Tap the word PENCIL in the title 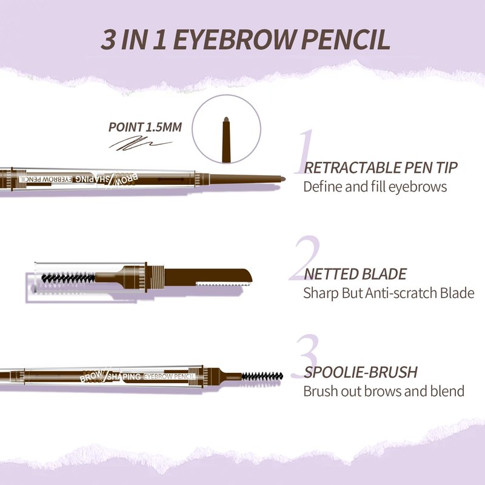346,40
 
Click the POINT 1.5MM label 145,127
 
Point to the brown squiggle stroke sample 141,144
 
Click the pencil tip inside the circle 226,139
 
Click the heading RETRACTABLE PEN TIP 381,168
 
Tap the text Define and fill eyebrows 375,187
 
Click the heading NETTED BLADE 355,274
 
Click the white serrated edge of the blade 223,283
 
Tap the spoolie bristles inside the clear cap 68,278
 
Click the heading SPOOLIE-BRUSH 361,372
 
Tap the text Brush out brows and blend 384,391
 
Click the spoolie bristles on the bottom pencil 262,376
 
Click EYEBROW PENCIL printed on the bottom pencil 169,376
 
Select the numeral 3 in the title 108,40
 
